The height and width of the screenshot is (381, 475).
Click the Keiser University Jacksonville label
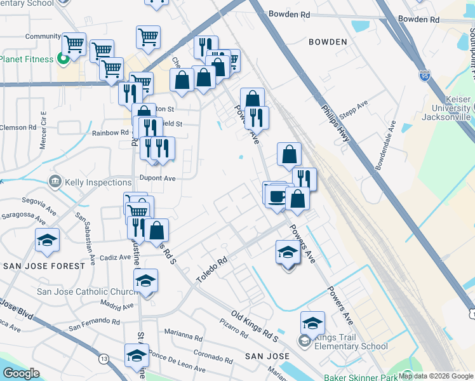[448, 109]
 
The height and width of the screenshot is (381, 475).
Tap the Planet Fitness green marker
[63, 60]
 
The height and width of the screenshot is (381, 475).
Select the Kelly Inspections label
[99, 183]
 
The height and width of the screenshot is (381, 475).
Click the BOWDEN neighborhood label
[328, 42]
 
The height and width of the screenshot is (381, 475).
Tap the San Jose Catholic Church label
[88, 292]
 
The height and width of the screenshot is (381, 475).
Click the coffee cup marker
[277, 196]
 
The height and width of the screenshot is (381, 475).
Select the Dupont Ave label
[157, 179]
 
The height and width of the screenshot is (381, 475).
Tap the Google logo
[22, 373]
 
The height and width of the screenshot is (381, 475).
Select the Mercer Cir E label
[44, 130]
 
